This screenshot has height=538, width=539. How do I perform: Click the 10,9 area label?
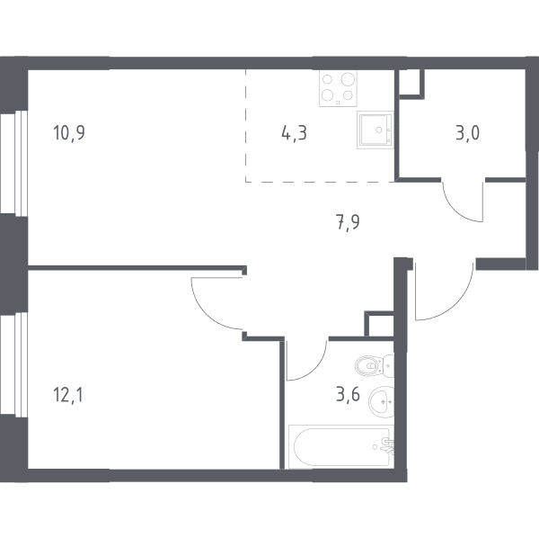click(x=69, y=133)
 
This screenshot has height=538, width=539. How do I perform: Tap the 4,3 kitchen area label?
click(x=294, y=133)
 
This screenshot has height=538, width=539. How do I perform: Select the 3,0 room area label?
click(x=467, y=133)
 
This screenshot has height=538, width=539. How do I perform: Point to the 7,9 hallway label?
click(x=348, y=222)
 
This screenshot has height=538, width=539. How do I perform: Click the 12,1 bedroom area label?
click(x=68, y=394)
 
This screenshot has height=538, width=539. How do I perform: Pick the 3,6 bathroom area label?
click(x=348, y=394)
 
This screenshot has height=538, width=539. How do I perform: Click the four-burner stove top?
click(x=338, y=88)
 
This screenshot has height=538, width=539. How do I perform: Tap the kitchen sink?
click(x=375, y=130)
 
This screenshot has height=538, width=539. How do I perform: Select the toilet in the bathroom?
click(x=374, y=365)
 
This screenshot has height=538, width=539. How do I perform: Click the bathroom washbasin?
click(x=381, y=401)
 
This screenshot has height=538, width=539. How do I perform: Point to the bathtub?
click(x=341, y=447)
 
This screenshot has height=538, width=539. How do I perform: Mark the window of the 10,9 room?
click(x=13, y=163)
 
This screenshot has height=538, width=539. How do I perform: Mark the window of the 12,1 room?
click(x=13, y=365)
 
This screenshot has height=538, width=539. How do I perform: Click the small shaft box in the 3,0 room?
click(x=411, y=85)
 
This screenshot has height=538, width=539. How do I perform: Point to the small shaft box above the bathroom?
click(x=379, y=324)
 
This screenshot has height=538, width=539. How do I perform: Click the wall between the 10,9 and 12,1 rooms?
click(x=137, y=268)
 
